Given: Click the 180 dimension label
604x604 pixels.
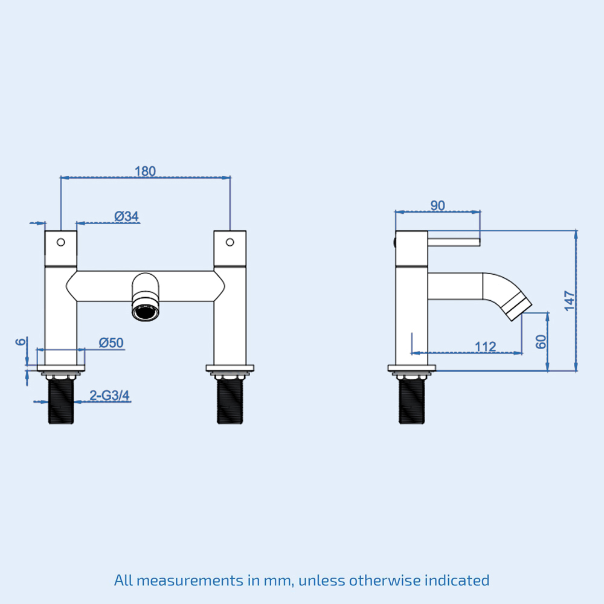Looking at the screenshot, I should pos(145,171).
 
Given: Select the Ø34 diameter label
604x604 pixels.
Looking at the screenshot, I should pos(127,216).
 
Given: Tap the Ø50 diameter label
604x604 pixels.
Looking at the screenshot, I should pos(111,342).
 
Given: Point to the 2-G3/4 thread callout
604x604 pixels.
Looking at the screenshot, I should pos(110,396).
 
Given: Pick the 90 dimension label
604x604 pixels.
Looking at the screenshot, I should pos(437,205).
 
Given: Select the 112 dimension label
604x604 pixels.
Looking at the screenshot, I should pos(485,346).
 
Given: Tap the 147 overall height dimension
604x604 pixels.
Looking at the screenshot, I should pos(569,300).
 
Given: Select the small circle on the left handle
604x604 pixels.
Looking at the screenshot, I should pos(60,242).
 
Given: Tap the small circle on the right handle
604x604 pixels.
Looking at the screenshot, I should pos(230,242).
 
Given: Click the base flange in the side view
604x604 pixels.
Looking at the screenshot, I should pos(412,368).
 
